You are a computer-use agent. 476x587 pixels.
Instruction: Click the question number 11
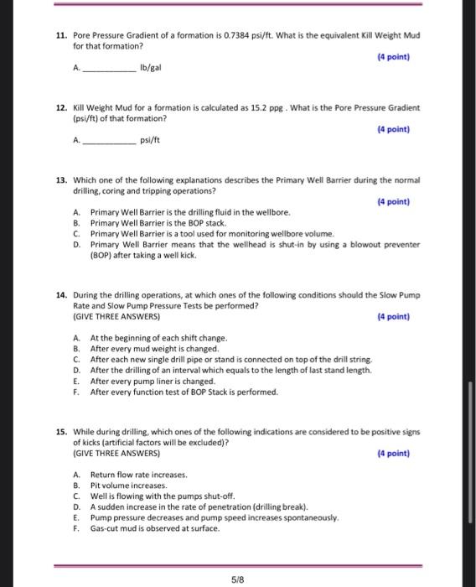(x=60, y=37)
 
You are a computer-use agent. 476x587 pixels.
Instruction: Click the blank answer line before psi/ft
(x=110, y=140)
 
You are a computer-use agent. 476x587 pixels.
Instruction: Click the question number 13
(x=60, y=180)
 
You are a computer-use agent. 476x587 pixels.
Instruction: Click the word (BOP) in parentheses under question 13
(x=104, y=255)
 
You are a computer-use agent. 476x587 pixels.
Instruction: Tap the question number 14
(x=60, y=295)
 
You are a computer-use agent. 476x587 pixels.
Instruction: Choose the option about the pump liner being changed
(x=153, y=381)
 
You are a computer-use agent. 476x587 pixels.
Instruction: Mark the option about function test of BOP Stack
(x=184, y=392)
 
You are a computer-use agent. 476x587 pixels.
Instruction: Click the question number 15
(x=60, y=432)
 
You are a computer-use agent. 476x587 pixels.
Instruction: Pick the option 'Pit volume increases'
(x=129, y=486)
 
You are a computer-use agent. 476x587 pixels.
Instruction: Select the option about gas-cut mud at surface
(x=155, y=528)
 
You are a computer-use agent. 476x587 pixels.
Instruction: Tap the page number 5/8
(x=238, y=578)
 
